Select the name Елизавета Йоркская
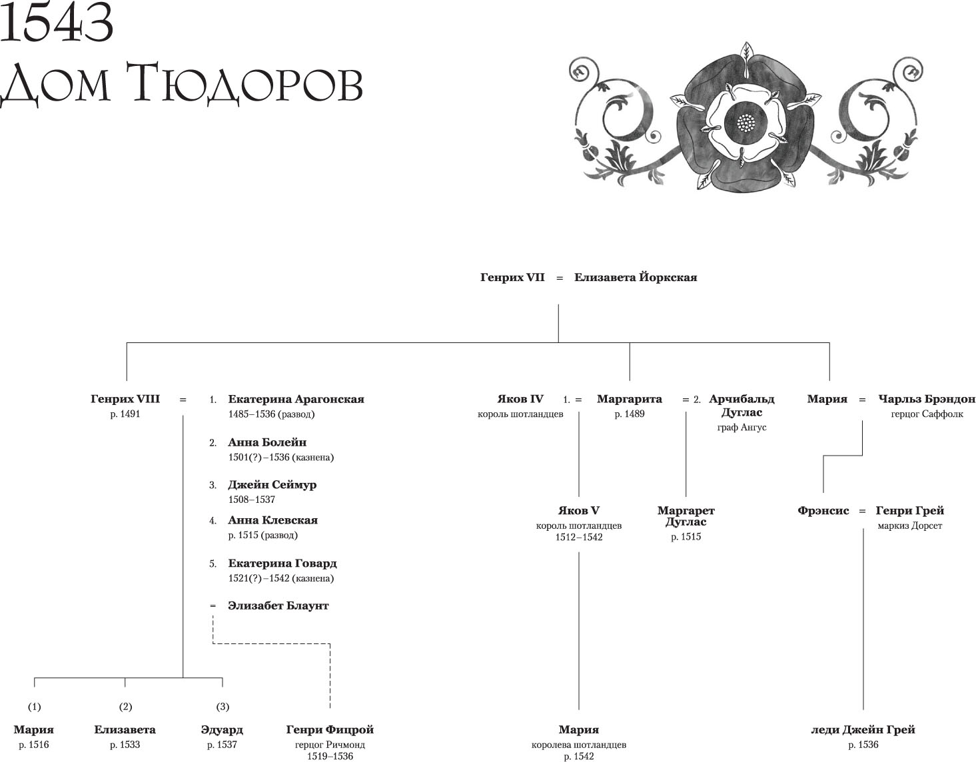[636, 278]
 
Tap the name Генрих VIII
[125, 400]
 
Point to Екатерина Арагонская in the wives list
[296, 400]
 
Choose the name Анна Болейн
[267, 442]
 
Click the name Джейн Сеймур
[272, 485]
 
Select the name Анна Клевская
[272, 520]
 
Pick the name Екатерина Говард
[282, 564]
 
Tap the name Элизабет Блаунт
[278, 606]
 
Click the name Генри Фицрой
[330, 730]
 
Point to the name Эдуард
[222, 730]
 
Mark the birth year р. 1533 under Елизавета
[125, 745]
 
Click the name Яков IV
[520, 400]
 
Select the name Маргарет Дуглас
[686, 516]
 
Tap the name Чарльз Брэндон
[927, 400]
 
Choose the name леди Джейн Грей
[863, 730]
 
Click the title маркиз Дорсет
[910, 526]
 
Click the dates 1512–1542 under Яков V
[578, 537]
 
